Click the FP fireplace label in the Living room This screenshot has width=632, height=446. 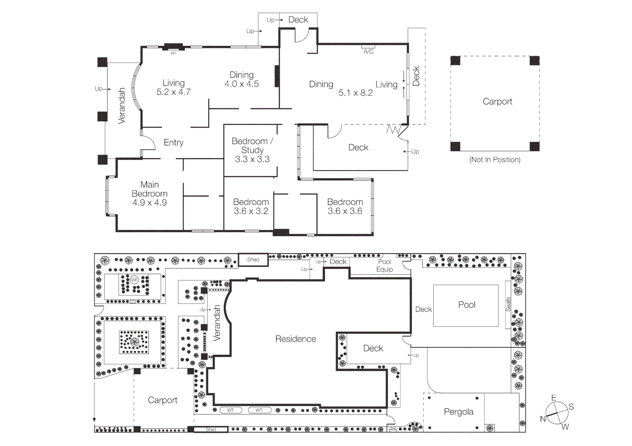point(173,53)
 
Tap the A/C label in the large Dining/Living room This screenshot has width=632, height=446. point(368,51)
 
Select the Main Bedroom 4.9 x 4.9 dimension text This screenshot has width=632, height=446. point(150,203)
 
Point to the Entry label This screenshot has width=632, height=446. point(174,142)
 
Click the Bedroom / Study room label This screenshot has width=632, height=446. point(252,145)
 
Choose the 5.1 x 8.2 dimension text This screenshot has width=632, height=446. point(355,93)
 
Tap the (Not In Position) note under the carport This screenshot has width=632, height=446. point(495,160)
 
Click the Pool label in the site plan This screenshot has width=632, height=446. point(467,305)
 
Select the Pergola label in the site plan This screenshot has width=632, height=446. point(458,412)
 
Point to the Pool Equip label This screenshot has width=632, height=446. point(384,266)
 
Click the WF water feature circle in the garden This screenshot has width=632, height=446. point(134,280)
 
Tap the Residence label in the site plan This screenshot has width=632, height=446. point(296,339)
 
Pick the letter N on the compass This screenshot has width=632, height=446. point(543,419)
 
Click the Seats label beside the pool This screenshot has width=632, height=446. point(508,304)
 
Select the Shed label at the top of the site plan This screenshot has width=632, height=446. point(253,260)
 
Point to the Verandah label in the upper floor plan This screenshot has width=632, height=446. point(122,106)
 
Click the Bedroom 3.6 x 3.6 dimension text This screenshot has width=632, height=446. point(345,211)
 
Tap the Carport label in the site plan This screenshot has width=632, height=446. point(162,400)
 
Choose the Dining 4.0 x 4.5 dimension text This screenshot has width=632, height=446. point(241,84)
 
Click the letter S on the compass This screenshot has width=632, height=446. point(571,407)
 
